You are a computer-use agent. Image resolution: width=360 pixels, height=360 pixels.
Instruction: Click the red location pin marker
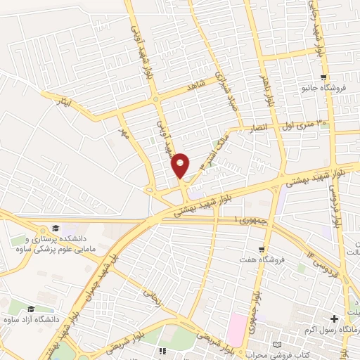tap(181, 165)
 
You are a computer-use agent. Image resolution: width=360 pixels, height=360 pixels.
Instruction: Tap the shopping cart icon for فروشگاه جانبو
tap(323, 77)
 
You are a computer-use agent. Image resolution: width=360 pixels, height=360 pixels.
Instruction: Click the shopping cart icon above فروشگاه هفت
tap(262, 250)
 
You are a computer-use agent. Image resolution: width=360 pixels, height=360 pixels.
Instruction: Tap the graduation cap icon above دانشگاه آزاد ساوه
tap(30, 309)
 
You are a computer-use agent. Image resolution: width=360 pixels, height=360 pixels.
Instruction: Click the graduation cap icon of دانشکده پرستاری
tap(55, 229)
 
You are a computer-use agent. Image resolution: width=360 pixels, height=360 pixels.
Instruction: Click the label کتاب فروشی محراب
tap(281, 355)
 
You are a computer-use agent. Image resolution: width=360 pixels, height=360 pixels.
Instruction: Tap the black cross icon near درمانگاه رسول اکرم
tap(334, 319)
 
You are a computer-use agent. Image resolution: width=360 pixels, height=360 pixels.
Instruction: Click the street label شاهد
tap(195, 85)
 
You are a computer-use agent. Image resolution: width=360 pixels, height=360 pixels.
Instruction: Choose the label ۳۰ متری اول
tap(304, 124)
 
